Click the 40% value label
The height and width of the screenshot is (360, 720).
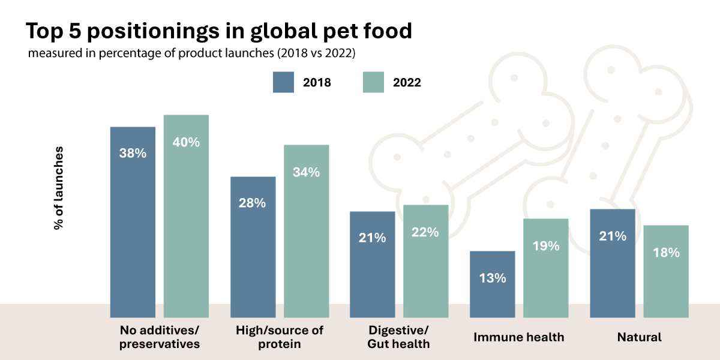[x=186, y=143]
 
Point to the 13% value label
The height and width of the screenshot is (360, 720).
[x=492, y=278]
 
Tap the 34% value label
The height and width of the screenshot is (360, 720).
[x=306, y=172]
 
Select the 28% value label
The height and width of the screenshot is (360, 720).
[x=253, y=203]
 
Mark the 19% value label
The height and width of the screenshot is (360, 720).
[x=545, y=246]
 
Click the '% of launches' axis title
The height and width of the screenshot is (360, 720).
[x=58, y=187]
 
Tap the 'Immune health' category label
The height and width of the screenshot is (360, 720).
[x=519, y=337]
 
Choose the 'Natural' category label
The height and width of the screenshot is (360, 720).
[x=639, y=337]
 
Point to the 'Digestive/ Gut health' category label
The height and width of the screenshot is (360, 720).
[x=399, y=337]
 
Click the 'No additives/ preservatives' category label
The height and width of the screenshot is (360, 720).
[x=160, y=337]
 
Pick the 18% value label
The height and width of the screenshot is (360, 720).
[x=665, y=253]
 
